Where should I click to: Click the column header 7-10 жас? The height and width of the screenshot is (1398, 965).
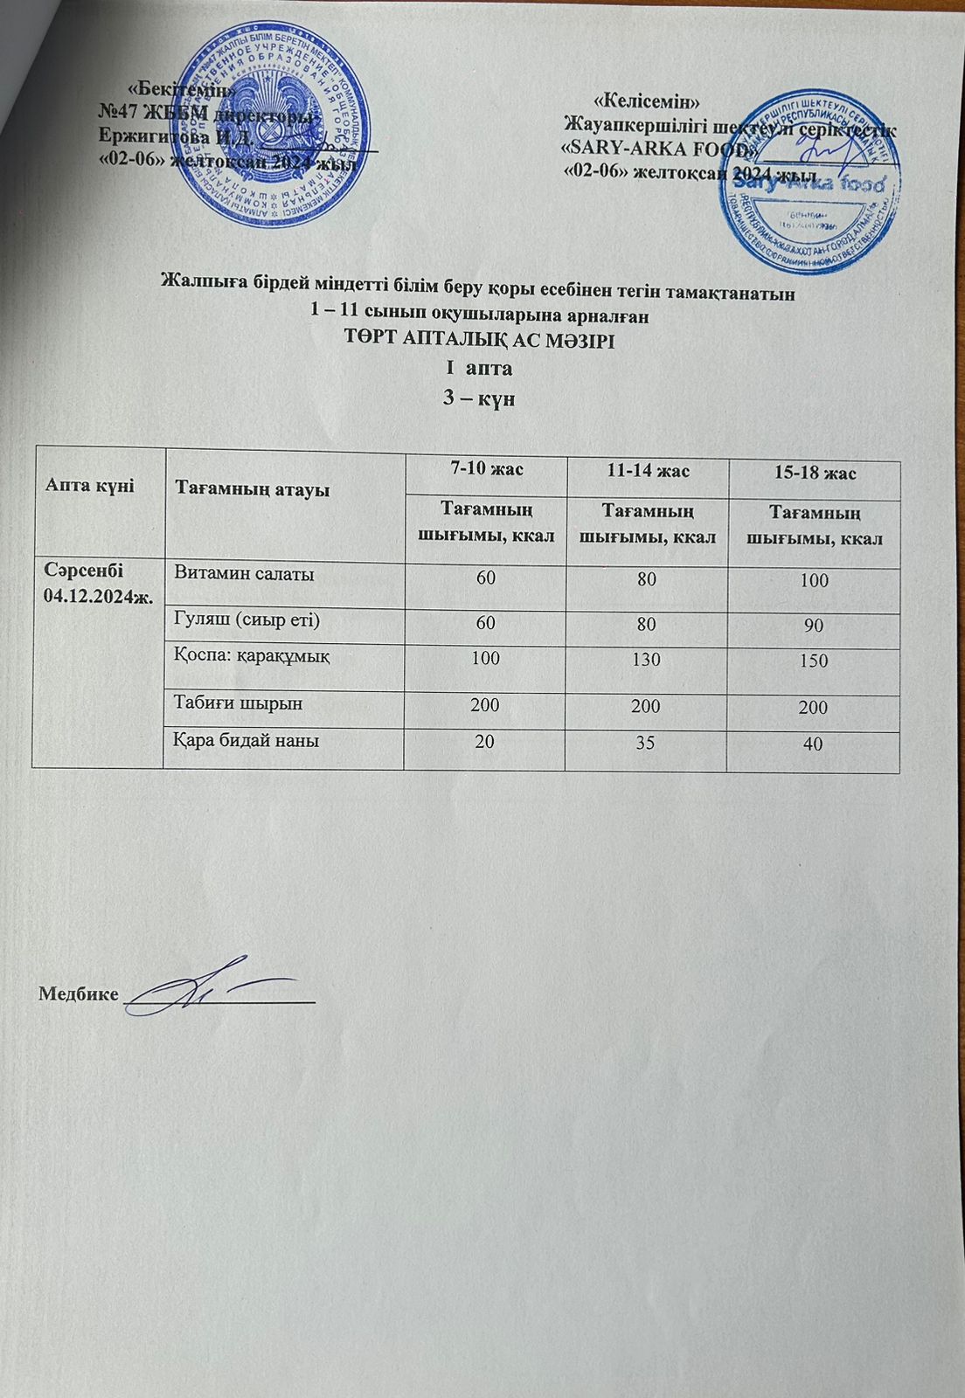(486, 469)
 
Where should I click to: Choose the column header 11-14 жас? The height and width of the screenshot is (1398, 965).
(648, 472)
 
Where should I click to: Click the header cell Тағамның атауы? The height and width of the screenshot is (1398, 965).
(253, 489)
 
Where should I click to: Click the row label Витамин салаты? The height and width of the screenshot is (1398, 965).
(245, 573)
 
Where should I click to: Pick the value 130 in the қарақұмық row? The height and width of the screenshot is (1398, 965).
(648, 659)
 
